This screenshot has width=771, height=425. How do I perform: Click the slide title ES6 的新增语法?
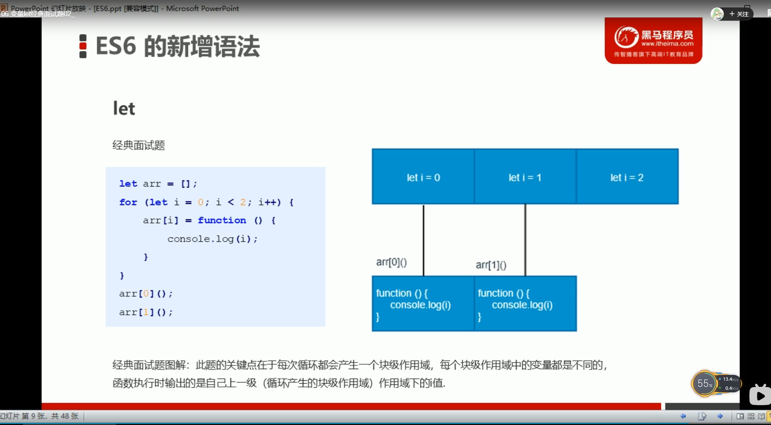point(178,46)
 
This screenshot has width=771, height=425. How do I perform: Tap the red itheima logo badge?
point(653,41)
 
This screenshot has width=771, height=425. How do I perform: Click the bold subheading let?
point(124,108)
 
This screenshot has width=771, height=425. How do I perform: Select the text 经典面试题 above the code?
point(139,145)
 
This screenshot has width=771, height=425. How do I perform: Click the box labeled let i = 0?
point(423,177)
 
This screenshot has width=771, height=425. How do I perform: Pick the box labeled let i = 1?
point(525,177)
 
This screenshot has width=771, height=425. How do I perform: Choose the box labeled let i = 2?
point(627,177)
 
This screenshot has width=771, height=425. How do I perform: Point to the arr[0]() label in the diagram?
point(391,262)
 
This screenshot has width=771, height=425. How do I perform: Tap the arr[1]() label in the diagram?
point(491,265)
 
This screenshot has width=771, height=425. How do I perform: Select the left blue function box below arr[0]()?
point(423,304)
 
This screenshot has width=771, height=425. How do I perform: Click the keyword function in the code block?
point(222,221)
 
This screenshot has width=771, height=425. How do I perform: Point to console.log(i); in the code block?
point(212,239)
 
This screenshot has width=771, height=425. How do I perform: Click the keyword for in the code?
point(128,202)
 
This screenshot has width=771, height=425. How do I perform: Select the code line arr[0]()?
point(146,294)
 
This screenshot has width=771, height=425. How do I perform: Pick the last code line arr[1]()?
point(146,312)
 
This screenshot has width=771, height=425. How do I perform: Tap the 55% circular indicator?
point(704,384)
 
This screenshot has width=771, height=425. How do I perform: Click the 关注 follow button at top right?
point(739,14)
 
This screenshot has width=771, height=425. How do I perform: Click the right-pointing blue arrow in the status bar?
point(720,416)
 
